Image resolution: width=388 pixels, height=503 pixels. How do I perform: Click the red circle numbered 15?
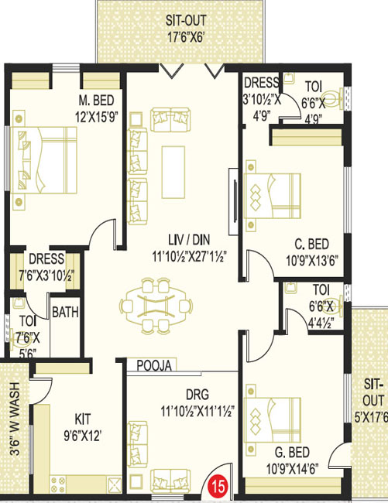tap(218, 487)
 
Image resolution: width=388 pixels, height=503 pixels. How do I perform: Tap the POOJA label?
tap(154, 366)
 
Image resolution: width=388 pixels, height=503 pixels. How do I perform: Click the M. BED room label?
tap(96, 101)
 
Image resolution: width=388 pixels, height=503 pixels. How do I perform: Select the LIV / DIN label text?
tap(189, 240)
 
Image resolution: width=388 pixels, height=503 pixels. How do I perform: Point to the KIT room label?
tap(82, 419)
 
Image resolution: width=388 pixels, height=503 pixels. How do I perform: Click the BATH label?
tap(65, 312)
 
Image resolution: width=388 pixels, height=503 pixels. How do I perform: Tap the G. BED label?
tap(292, 453)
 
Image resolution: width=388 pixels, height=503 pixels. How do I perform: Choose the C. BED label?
tap(311, 244)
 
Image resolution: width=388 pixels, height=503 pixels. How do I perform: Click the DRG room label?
tap(197, 395)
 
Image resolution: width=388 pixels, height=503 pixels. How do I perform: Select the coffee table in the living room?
tap(173, 173)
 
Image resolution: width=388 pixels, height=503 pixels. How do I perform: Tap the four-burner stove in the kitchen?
tap(58, 484)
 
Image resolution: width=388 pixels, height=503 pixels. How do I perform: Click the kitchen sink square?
tap(115, 484)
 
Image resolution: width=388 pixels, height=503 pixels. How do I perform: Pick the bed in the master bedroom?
tap(43, 160)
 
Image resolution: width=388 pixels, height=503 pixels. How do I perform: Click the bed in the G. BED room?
tap(272, 420)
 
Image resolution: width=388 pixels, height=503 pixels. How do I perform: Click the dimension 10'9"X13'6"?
tap(312, 261)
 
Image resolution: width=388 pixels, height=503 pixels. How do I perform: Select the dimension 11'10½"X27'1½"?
tap(189, 256)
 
